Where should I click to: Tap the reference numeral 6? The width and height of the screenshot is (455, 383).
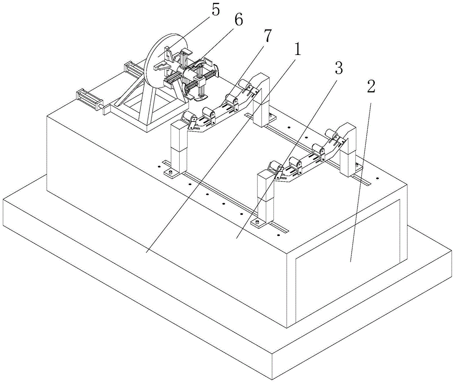pos(238,20)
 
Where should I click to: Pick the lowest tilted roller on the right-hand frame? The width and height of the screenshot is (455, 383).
pos(275,169)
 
